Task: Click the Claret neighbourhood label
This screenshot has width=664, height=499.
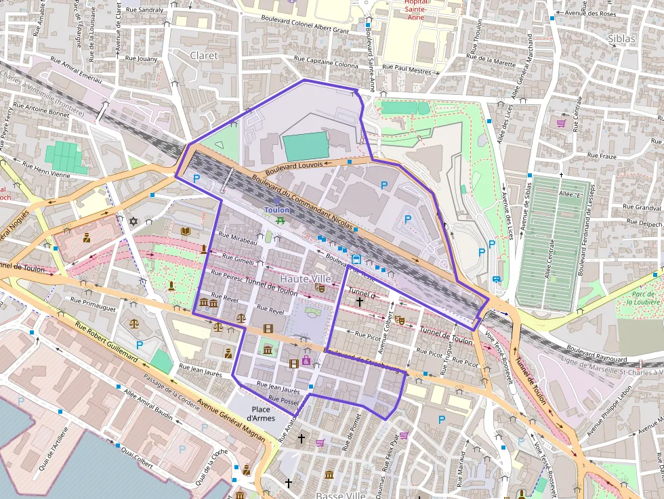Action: pos(204,56)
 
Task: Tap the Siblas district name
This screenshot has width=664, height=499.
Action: pos(622,39)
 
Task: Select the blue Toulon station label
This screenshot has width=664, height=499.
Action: pos(276,210)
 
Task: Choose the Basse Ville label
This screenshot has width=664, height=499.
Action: pos(341,495)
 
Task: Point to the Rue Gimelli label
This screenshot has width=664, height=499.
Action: pos(234,260)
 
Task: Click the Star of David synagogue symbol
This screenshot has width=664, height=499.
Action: pos(133,221)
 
